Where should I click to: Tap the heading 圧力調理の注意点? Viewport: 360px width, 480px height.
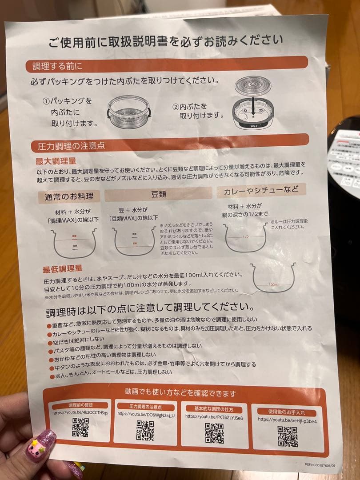pos(68,145)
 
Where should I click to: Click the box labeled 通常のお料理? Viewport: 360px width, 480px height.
pos(69,196)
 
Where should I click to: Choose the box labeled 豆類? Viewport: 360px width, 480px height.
pos(158,194)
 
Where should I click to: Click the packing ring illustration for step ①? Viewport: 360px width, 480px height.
pos(129,113)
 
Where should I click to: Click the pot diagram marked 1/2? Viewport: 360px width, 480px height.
pos(245,238)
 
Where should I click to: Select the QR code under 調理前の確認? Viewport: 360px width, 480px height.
pos(80,427)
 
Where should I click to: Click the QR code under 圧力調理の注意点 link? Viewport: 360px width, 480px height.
pos(145,430)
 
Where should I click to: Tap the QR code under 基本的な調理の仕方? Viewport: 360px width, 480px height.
pos(214,432)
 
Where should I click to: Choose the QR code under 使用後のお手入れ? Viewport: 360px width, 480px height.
pos(287,436)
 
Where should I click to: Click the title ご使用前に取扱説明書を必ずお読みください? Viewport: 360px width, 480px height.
pos(166,41)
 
